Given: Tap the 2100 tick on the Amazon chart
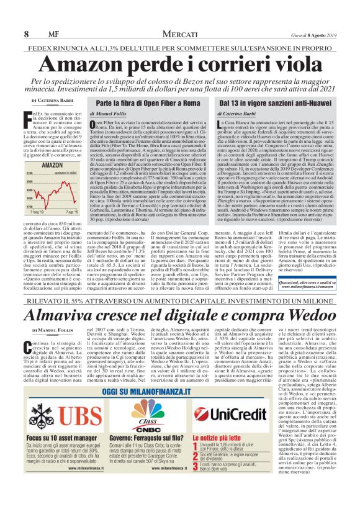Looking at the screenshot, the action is [x=29, y=174].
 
